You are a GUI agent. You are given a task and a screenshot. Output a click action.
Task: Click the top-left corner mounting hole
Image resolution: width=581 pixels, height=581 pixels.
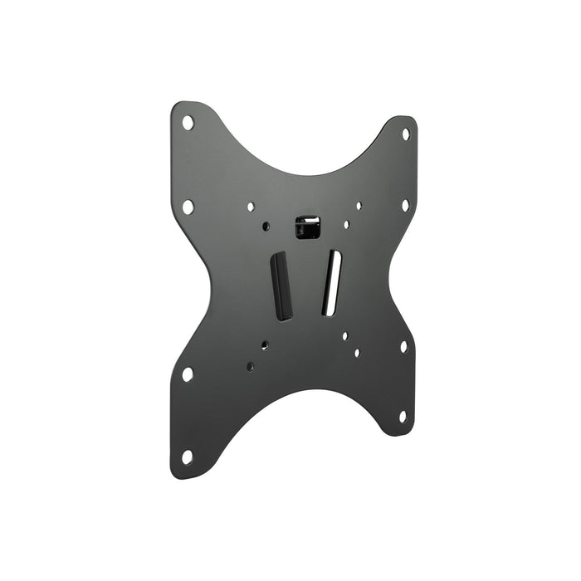[x=188, y=123]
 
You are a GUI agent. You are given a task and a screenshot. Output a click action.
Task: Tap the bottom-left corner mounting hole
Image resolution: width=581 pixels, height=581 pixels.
[x=187, y=456]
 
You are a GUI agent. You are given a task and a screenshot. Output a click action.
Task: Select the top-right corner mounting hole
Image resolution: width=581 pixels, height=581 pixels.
[x=405, y=133]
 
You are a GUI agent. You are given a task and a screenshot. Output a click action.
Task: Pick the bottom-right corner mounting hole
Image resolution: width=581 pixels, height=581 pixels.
[x=403, y=415]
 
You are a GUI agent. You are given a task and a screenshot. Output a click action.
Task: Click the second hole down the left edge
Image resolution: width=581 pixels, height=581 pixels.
[x=188, y=207]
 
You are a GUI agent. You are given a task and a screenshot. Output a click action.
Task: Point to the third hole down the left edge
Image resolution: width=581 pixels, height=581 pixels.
[x=187, y=374]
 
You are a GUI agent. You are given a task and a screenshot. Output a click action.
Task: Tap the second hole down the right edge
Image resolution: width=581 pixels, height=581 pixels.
[x=405, y=204]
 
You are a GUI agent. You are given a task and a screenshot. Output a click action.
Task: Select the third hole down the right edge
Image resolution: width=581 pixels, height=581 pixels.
[x=403, y=346]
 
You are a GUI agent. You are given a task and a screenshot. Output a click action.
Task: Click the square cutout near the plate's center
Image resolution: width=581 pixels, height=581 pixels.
[x=308, y=227]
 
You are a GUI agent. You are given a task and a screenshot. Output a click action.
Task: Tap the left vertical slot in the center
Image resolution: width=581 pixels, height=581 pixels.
[x=282, y=286]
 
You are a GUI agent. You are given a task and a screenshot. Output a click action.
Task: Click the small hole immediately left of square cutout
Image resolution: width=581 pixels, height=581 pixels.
[x=266, y=226]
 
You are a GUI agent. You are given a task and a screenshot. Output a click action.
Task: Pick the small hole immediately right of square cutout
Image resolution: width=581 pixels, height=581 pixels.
[x=346, y=224]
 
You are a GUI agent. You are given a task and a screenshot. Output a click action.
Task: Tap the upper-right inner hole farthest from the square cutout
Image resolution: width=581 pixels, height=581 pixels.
[x=359, y=206]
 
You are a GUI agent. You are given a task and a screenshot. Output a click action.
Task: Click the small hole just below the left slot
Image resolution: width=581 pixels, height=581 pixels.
[x=264, y=344]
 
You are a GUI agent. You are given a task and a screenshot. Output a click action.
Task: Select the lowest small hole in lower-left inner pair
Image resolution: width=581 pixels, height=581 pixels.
[x=250, y=365]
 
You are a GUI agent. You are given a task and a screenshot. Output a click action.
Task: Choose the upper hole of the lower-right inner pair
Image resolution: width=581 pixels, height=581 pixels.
[x=344, y=337]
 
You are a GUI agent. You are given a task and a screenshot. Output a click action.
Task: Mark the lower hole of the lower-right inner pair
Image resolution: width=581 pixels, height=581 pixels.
[x=357, y=353]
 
